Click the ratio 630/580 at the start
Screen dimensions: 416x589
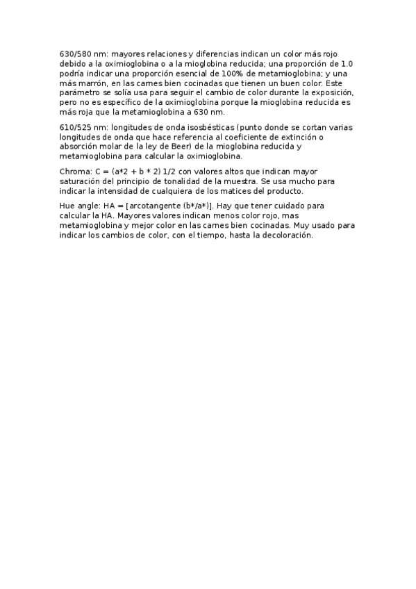(x=74, y=52)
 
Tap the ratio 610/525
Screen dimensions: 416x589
(x=74, y=128)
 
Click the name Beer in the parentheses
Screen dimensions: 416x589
(x=178, y=147)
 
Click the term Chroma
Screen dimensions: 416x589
(x=74, y=171)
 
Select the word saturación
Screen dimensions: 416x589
(x=83, y=181)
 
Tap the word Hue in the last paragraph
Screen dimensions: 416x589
(x=68, y=206)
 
